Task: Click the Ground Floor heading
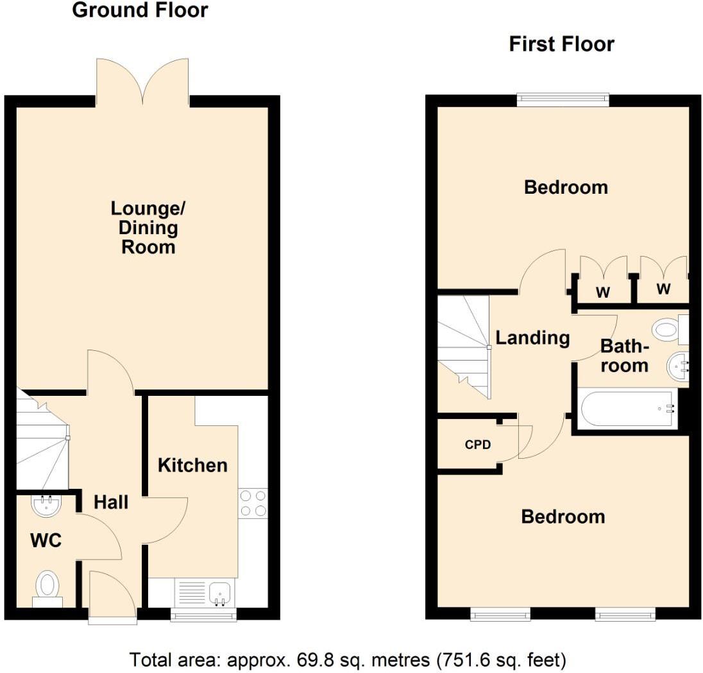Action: coord(140,10)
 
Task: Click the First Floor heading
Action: coord(561,44)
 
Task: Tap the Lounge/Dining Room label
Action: coord(148,228)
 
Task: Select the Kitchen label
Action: coord(192,465)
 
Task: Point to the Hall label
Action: coord(111,502)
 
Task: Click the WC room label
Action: coord(46,541)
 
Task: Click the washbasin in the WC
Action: coord(46,506)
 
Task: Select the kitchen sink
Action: coord(221,592)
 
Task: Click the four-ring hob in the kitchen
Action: coord(253,502)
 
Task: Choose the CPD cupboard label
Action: coord(477,444)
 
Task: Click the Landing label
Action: coord(532,337)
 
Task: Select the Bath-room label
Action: coord(624,356)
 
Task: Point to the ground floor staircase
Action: coord(42,443)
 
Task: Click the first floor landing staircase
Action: coord(463,346)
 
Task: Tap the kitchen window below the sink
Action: coord(203,616)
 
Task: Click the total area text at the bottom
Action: coord(348,659)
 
